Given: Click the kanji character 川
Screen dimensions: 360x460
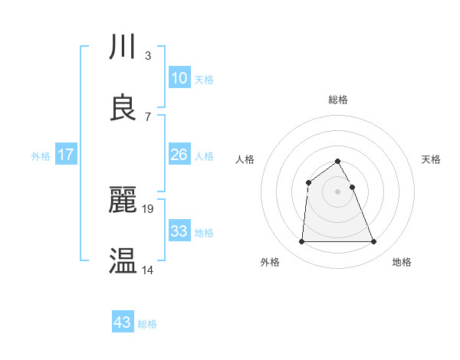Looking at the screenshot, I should point(123,48).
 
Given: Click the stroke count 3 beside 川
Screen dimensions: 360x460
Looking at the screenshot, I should point(147,56).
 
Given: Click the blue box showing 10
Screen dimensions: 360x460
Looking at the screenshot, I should point(179,78).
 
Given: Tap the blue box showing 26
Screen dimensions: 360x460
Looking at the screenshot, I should point(179,155).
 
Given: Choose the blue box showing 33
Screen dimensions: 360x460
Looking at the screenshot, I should point(179,231).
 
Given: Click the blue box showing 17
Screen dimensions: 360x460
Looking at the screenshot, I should point(65,155).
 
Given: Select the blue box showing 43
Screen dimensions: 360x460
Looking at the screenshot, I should point(122,322).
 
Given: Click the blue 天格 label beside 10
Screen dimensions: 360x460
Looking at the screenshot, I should point(204,80).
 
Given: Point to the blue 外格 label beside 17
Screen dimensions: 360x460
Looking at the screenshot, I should point(41,156).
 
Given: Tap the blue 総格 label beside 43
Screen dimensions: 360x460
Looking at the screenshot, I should point(147,324).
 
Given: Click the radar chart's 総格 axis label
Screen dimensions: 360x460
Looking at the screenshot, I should point(337,100).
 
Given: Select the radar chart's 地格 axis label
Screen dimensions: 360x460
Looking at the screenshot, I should point(402,262).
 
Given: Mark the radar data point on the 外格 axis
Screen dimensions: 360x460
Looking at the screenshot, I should point(301,242).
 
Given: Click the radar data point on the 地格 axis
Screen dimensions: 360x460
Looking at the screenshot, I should point(373,242).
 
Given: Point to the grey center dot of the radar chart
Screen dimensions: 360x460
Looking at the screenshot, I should point(337,191).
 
